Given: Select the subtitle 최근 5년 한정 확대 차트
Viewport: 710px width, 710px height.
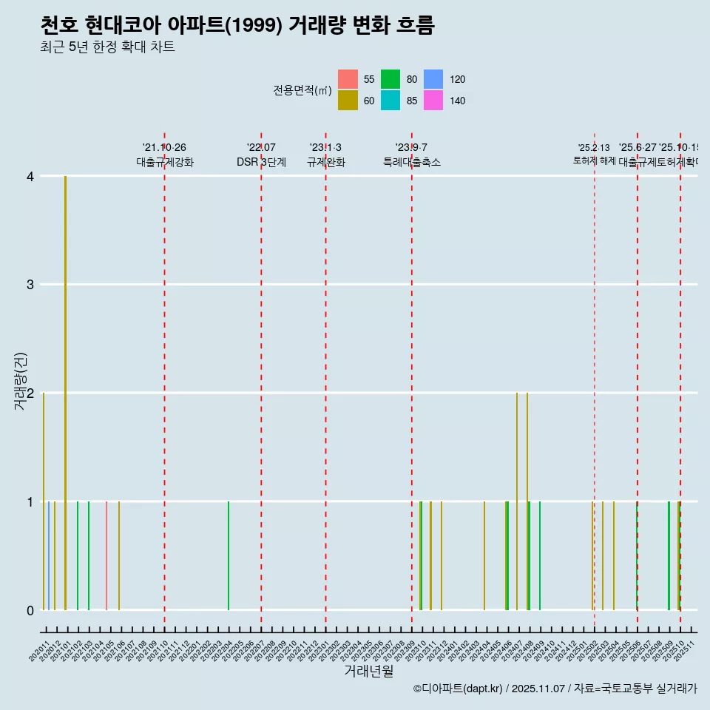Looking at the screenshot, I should click(108, 48).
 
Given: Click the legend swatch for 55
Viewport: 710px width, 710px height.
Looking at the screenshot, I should click(348, 79).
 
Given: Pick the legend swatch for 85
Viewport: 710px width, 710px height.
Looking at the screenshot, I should click(390, 101).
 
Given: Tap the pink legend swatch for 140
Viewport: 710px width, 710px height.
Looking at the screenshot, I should click(433, 101).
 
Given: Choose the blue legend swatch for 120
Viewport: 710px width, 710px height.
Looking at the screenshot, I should click(433, 79).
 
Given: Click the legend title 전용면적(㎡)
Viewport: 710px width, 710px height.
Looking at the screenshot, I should click(302, 90).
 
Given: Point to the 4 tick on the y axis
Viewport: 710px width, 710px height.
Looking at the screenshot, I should click(30, 176).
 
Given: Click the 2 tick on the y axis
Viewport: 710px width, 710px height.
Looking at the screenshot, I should click(30, 393).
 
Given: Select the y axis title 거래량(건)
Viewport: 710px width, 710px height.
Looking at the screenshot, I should click(20, 393).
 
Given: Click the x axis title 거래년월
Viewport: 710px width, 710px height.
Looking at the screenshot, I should click(368, 671).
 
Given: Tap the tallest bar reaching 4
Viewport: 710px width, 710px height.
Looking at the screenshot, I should click(66, 392).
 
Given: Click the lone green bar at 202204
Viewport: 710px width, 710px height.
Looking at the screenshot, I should click(229, 555).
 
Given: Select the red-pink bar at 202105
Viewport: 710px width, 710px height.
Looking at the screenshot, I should click(106, 555).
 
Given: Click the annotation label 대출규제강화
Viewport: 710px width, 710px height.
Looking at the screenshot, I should click(165, 162).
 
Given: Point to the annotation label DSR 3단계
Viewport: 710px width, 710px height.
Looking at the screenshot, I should click(261, 162).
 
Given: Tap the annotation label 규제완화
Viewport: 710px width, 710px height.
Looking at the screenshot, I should click(325, 162).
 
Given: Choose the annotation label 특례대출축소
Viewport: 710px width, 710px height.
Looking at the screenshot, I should click(411, 162).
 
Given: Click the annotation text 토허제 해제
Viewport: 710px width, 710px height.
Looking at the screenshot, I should click(594, 160).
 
